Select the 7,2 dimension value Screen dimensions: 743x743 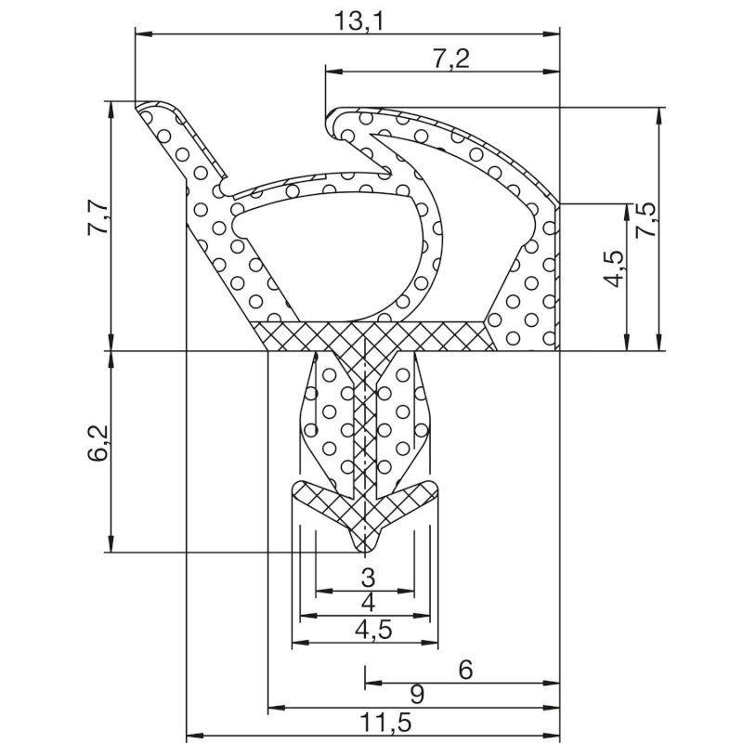(x=450, y=59)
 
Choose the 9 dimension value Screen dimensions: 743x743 (x=418, y=694)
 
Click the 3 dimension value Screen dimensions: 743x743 (x=368, y=576)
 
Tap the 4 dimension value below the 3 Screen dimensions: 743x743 (x=368, y=602)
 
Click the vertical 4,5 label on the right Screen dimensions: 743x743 (x=613, y=269)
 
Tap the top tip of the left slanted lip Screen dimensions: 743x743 (x=139, y=106)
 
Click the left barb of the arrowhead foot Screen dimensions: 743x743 (x=299, y=491)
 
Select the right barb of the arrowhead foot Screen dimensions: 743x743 (x=435, y=491)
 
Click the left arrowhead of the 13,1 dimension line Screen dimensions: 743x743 (x=141, y=34)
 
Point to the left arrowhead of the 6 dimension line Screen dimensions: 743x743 (x=370, y=683)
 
